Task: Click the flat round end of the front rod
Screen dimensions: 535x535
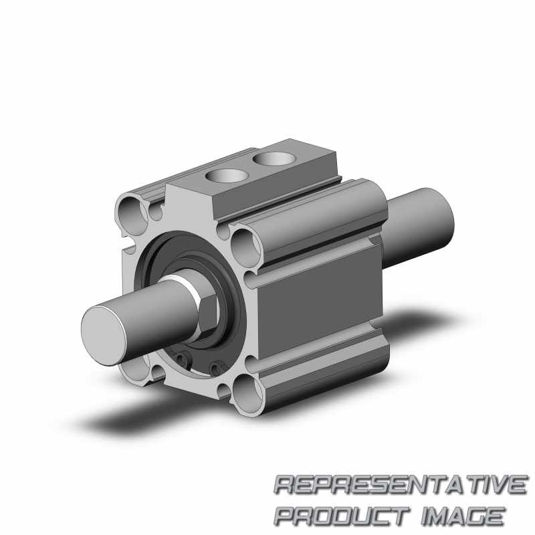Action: [104, 336]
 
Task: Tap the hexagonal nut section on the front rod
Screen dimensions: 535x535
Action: [207, 316]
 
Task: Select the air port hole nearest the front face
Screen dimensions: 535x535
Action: [227, 176]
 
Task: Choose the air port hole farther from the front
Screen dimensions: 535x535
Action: [275, 158]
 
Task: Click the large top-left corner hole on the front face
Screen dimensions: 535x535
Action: [131, 215]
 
